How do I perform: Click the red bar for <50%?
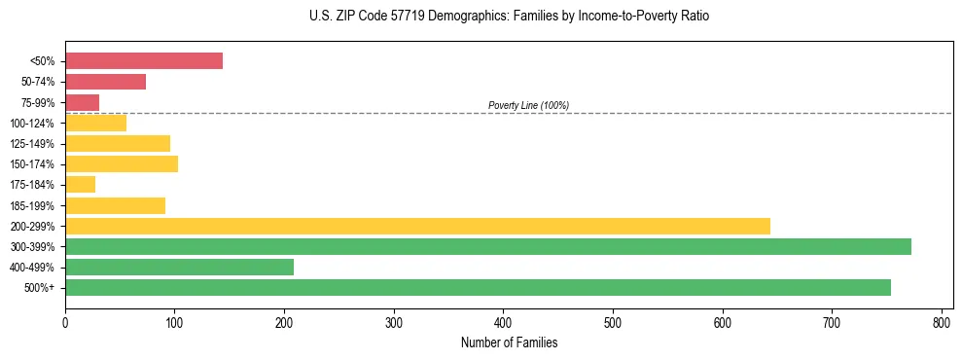click(144, 61)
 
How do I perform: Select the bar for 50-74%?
click(105, 82)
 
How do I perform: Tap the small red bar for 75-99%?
click(83, 102)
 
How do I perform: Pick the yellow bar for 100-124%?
click(96, 123)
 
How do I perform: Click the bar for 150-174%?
click(122, 163)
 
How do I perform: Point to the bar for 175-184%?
click(81, 185)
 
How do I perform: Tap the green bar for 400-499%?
click(179, 267)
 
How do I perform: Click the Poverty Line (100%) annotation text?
click(528, 105)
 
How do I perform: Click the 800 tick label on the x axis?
click(942, 321)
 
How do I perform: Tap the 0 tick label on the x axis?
click(65, 321)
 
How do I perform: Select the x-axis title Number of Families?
click(509, 342)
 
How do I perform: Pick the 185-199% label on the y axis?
click(32, 205)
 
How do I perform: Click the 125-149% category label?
click(32, 144)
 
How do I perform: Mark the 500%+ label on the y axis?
click(40, 288)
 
